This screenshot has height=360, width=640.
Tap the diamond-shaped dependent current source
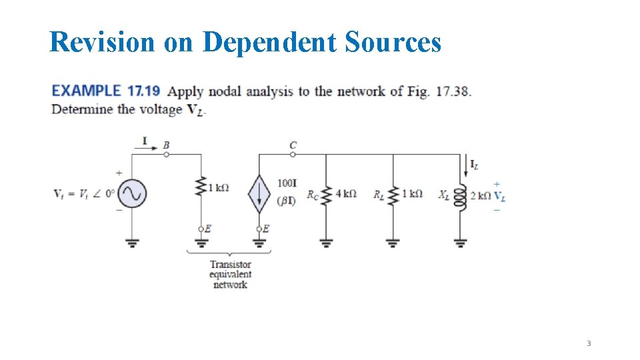click(259, 194)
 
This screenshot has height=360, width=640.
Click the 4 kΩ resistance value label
click(346, 194)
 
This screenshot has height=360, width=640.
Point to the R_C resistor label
click(313, 195)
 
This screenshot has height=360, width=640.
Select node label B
click(166, 144)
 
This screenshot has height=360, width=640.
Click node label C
click(293, 144)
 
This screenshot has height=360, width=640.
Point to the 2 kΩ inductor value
click(480, 195)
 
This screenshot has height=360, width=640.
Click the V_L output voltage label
click(499, 196)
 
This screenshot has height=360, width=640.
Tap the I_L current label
click(474, 164)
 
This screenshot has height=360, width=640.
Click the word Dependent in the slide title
click(270, 42)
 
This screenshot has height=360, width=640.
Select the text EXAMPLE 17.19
click(106, 91)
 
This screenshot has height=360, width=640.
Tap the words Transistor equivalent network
click(230, 275)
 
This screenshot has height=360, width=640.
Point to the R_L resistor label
click(379, 195)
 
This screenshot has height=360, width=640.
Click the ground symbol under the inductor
click(461, 243)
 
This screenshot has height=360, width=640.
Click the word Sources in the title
click(393, 42)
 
